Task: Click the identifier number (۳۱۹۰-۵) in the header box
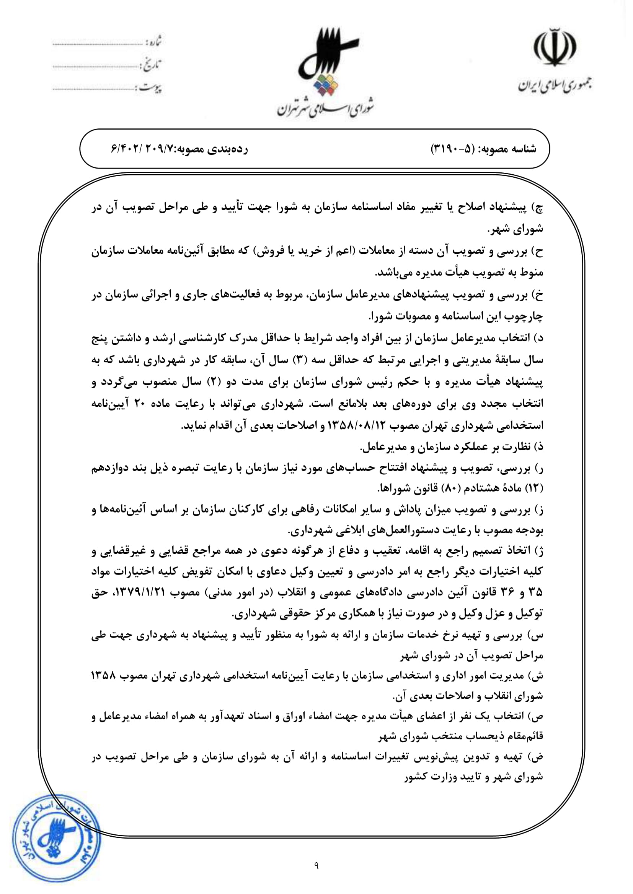452,149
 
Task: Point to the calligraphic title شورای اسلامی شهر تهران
326,109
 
